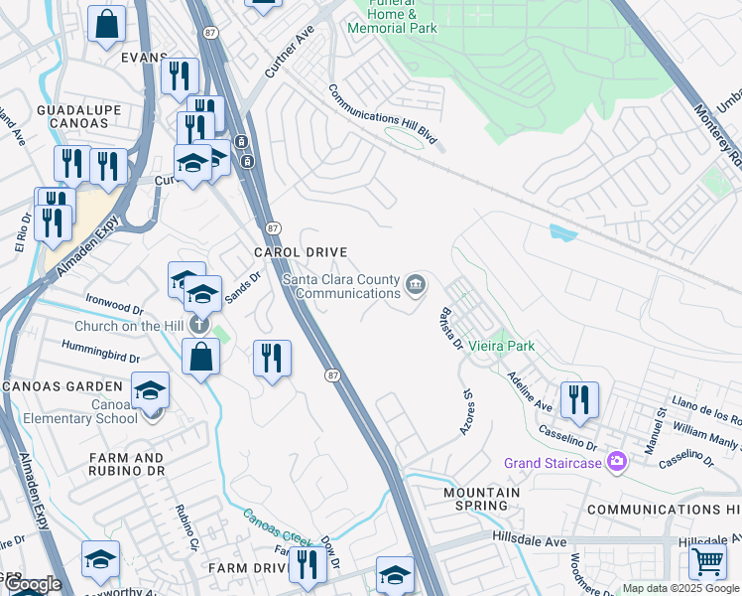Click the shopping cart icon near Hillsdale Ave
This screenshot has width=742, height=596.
(x=707, y=560)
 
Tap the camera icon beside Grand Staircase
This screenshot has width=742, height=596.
(x=618, y=461)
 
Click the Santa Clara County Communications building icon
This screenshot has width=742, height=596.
(x=416, y=286)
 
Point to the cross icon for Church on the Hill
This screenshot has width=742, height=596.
(x=198, y=325)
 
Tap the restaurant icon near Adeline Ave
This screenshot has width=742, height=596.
(x=579, y=398)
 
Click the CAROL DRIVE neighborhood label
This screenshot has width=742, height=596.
(x=301, y=253)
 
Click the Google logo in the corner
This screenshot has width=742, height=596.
(x=32, y=583)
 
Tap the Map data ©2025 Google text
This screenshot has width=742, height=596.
(x=681, y=588)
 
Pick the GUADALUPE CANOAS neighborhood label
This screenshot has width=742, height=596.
(x=71, y=115)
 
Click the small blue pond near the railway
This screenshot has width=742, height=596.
(x=562, y=232)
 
